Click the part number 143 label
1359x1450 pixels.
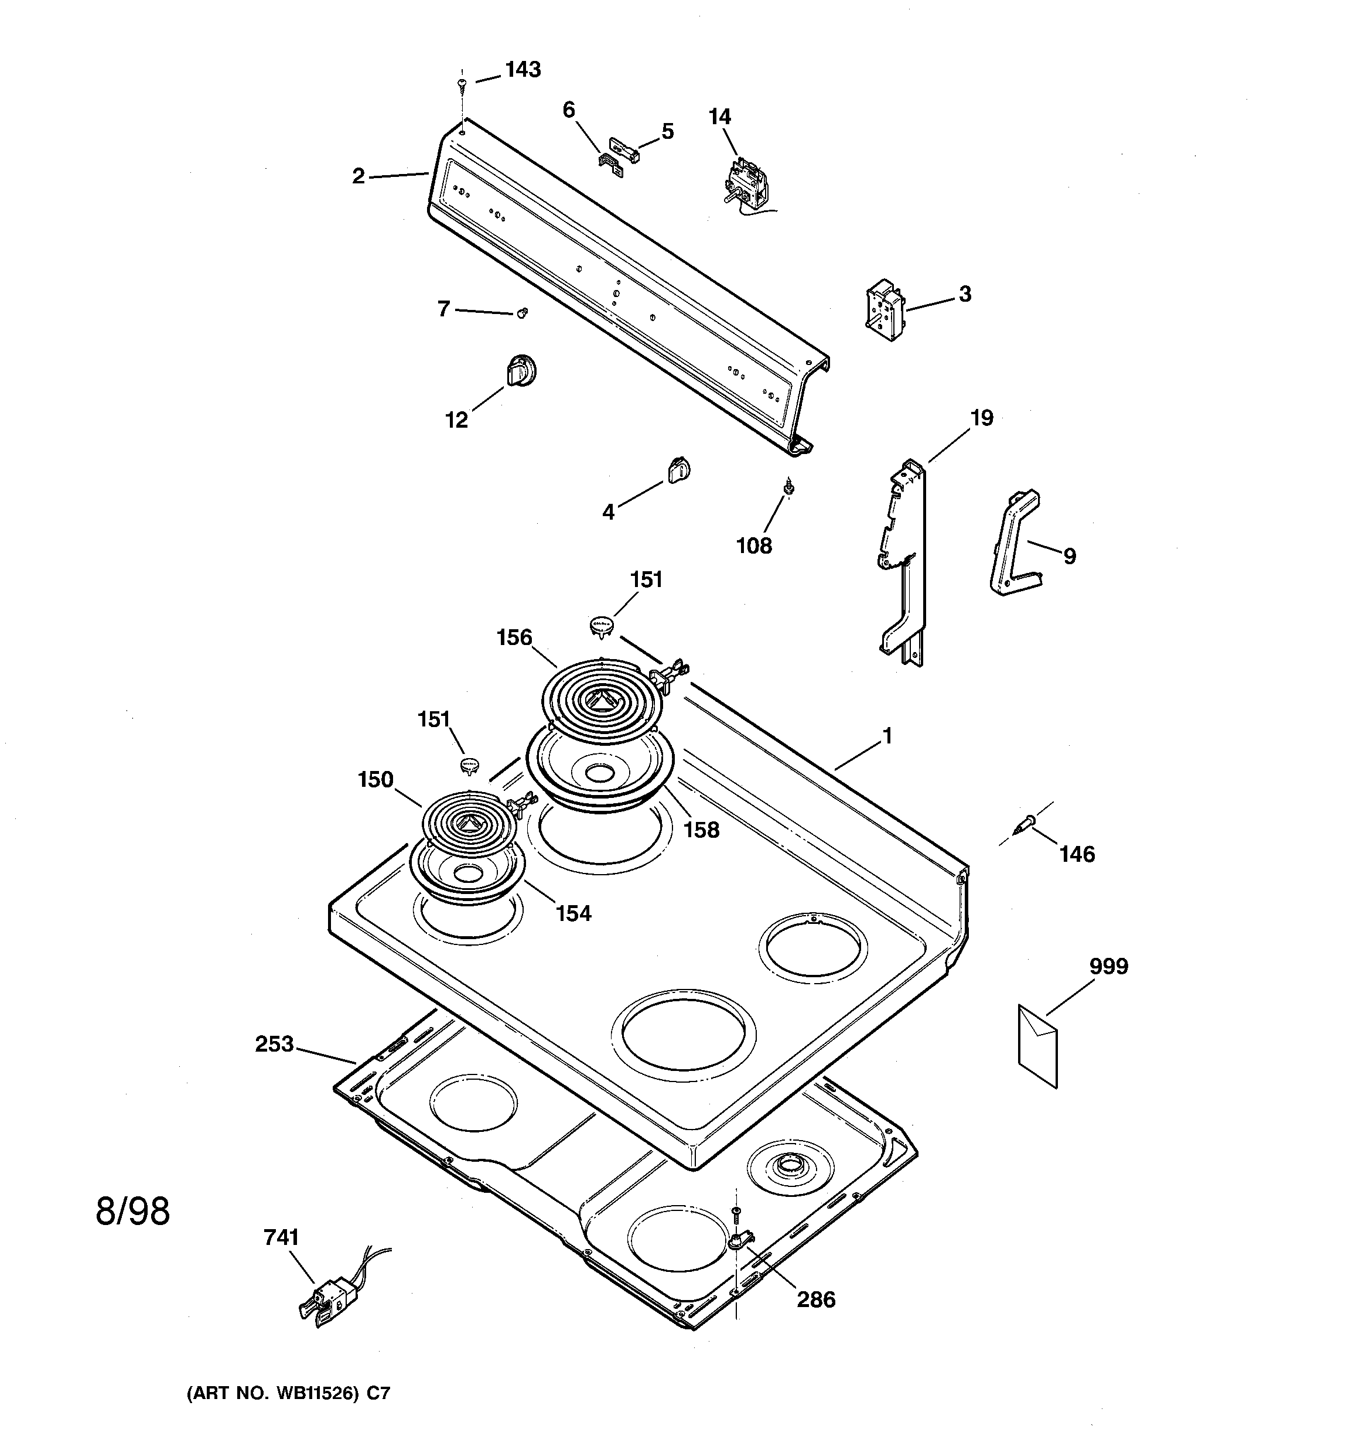523,70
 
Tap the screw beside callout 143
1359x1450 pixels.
461,86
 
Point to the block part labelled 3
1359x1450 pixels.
883,310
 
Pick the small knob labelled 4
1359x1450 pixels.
678,470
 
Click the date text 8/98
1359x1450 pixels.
133,1212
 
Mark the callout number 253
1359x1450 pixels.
274,1045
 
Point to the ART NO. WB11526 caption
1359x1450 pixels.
289,1393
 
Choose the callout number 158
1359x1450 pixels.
701,830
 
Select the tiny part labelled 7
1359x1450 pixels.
521,313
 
